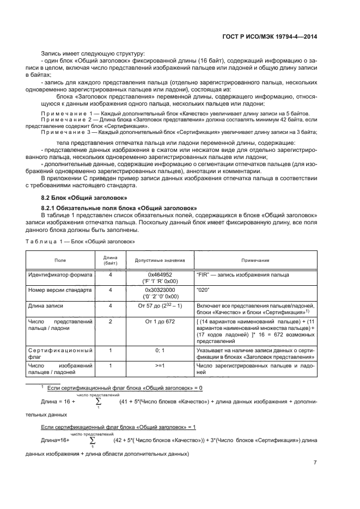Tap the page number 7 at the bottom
(315, 463)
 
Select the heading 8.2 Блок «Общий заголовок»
(84, 198)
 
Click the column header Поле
(59, 260)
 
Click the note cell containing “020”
(203, 290)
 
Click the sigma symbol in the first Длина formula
(99, 402)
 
